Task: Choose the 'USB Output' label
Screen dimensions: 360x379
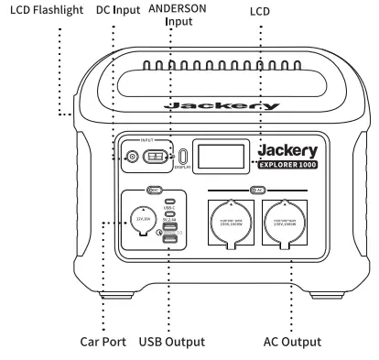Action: pyautogui.click(x=172, y=343)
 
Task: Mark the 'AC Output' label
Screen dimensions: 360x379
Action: pyautogui.click(x=285, y=343)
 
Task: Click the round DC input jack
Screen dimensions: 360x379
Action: pyautogui.click(x=134, y=158)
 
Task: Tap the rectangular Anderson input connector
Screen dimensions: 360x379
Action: pyautogui.click(x=159, y=158)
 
